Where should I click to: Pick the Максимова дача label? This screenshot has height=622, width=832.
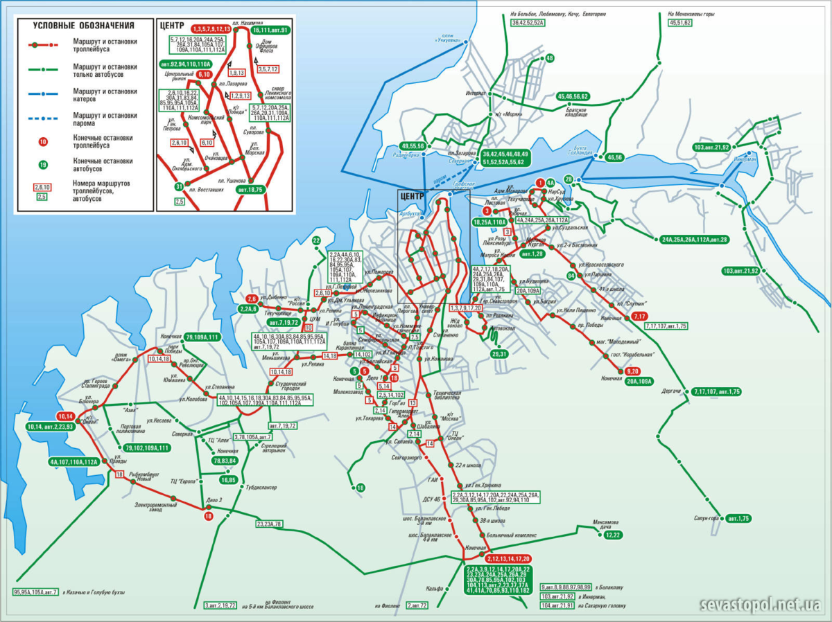click(x=605, y=524)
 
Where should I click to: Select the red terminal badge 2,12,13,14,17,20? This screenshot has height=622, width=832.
click(x=508, y=558)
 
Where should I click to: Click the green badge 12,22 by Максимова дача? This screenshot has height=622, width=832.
click(x=612, y=535)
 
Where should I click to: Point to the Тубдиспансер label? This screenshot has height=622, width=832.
click(x=261, y=488)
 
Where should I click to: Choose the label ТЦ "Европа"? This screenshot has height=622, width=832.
click(x=182, y=480)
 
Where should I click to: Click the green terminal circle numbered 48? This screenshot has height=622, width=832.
click(x=550, y=58)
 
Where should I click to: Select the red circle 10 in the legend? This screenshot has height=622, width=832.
click(x=43, y=142)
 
